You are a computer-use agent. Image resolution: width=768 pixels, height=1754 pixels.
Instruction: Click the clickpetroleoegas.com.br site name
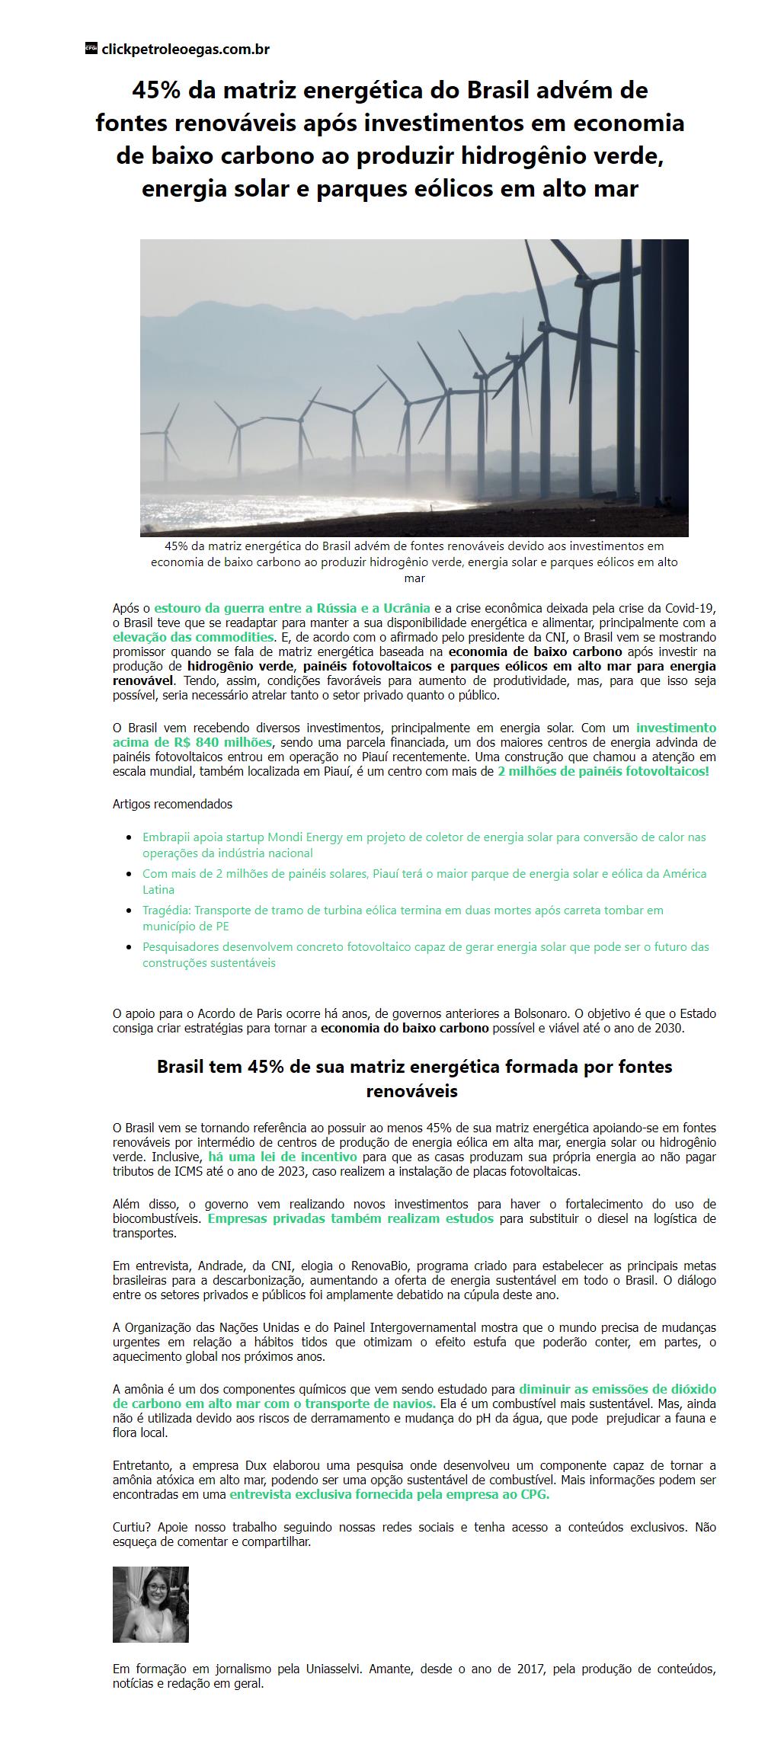pyautogui.click(x=185, y=50)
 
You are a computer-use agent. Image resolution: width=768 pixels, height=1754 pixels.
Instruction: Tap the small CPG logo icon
pyautogui.click(x=91, y=49)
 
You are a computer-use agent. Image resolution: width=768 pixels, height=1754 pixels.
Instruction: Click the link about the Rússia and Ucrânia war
pyautogui.click(x=292, y=608)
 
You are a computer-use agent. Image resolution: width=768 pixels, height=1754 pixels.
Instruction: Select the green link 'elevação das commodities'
pyautogui.click(x=193, y=636)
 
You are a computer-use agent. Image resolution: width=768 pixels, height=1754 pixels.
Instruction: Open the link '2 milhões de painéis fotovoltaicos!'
pyautogui.click(x=603, y=771)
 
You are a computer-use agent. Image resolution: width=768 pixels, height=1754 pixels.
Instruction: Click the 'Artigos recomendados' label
pyautogui.click(x=172, y=804)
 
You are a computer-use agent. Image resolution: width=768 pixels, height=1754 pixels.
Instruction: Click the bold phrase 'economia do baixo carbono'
pyautogui.click(x=405, y=1028)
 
